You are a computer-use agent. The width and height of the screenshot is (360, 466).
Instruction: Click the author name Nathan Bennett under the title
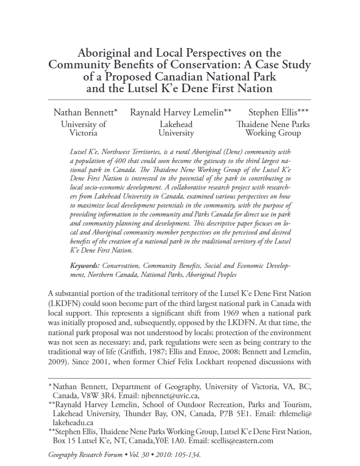point(84,112)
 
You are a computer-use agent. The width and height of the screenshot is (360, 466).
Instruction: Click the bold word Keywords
point(85,265)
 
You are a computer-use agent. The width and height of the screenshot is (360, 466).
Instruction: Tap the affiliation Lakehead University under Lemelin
point(176,129)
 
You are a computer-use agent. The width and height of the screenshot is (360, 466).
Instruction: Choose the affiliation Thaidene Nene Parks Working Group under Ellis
point(273,129)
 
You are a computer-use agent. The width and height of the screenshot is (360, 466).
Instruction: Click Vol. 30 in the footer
point(142,454)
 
